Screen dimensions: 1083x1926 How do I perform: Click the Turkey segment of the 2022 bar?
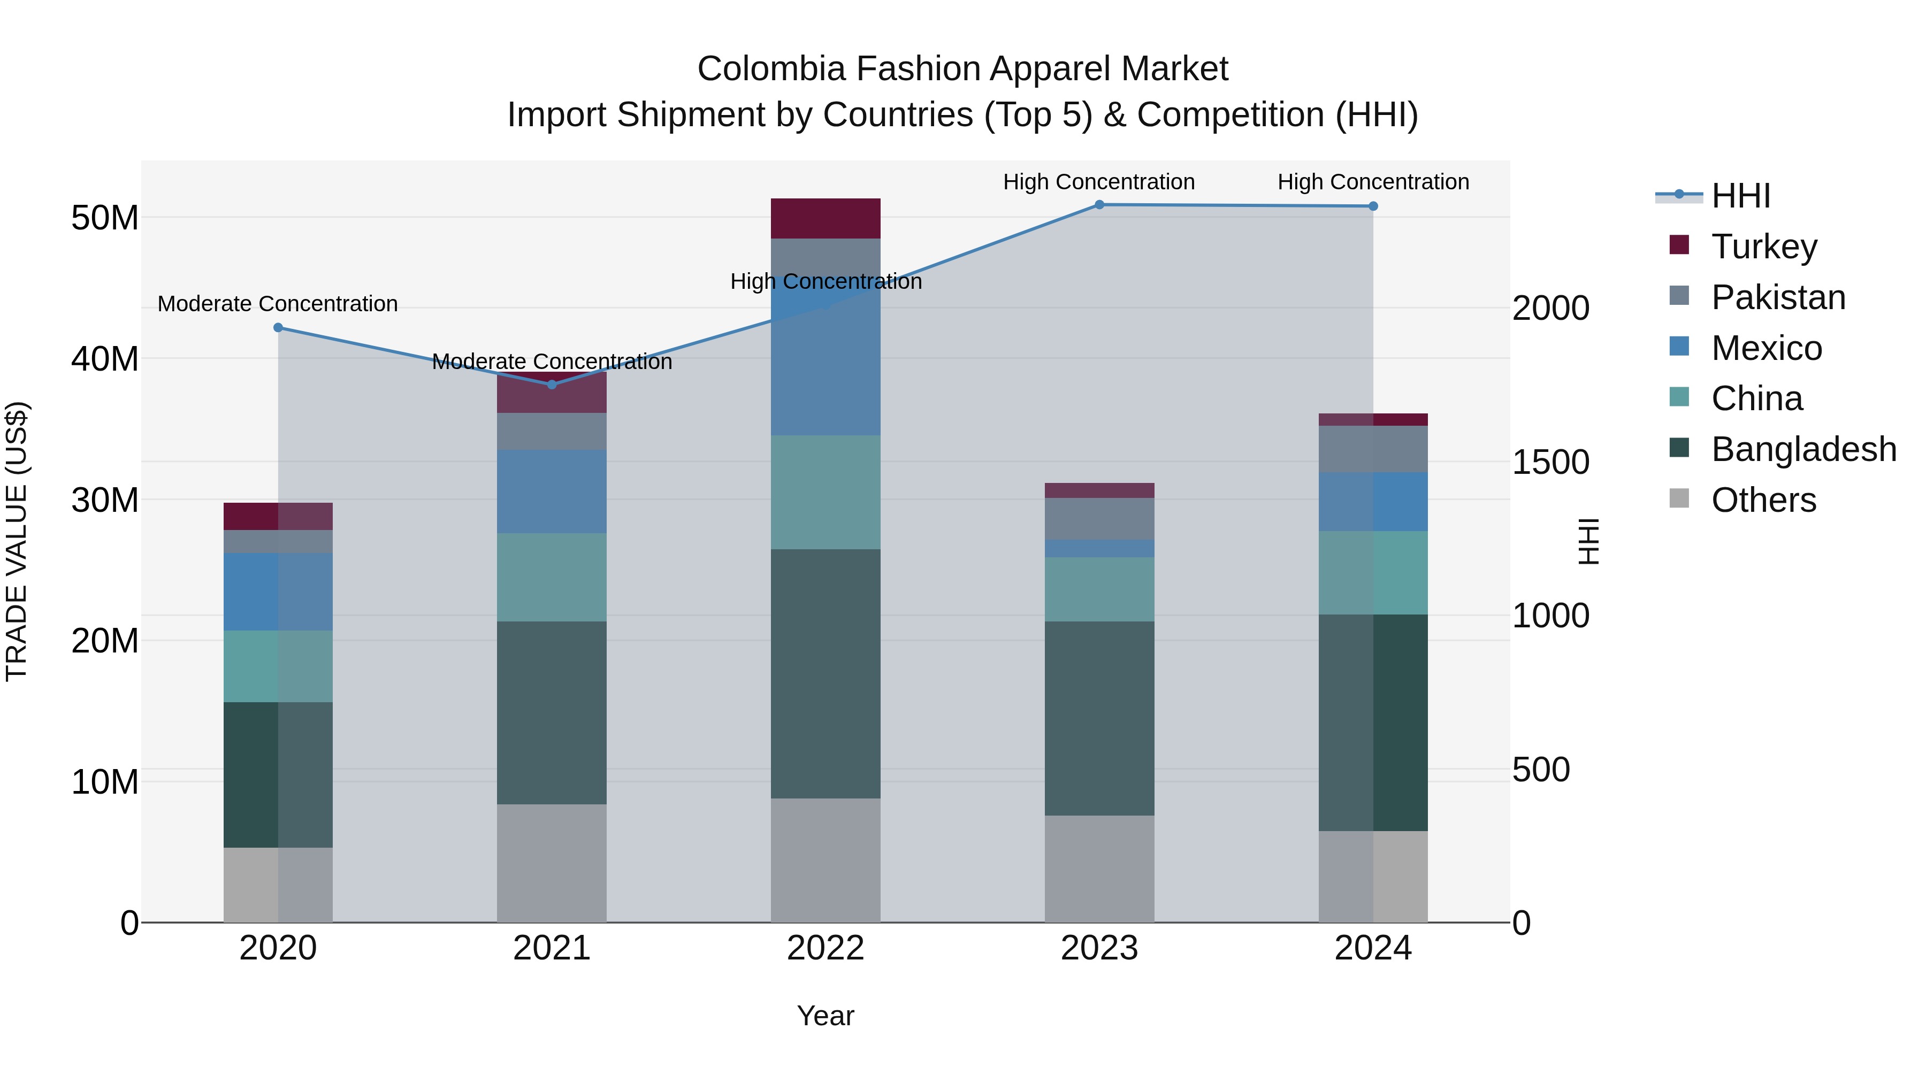[x=826, y=218]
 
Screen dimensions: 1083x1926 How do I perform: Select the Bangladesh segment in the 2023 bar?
[x=1099, y=718]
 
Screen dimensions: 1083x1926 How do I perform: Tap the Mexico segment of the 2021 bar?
[x=552, y=491]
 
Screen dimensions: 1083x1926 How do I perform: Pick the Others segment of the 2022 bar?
[x=826, y=859]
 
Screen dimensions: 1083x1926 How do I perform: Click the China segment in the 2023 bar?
[x=1099, y=589]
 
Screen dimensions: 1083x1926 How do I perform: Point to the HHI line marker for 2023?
[x=1099, y=205]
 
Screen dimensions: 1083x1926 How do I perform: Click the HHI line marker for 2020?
[x=278, y=327]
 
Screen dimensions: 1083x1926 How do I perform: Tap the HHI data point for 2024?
[x=1373, y=206]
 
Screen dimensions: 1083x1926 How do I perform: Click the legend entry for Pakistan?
[x=1778, y=297]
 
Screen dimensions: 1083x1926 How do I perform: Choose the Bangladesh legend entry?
[x=1803, y=449]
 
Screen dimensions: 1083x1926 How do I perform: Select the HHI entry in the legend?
[x=1740, y=196]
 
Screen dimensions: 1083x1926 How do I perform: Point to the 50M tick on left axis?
[x=105, y=218]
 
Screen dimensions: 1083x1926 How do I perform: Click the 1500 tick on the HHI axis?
[x=1550, y=462]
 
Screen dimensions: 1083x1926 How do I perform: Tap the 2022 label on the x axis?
[x=826, y=948]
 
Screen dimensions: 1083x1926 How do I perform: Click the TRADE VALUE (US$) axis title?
[x=17, y=541]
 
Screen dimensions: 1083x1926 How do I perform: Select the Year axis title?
[x=826, y=1016]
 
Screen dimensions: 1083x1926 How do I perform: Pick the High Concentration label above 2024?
[x=1373, y=182]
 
